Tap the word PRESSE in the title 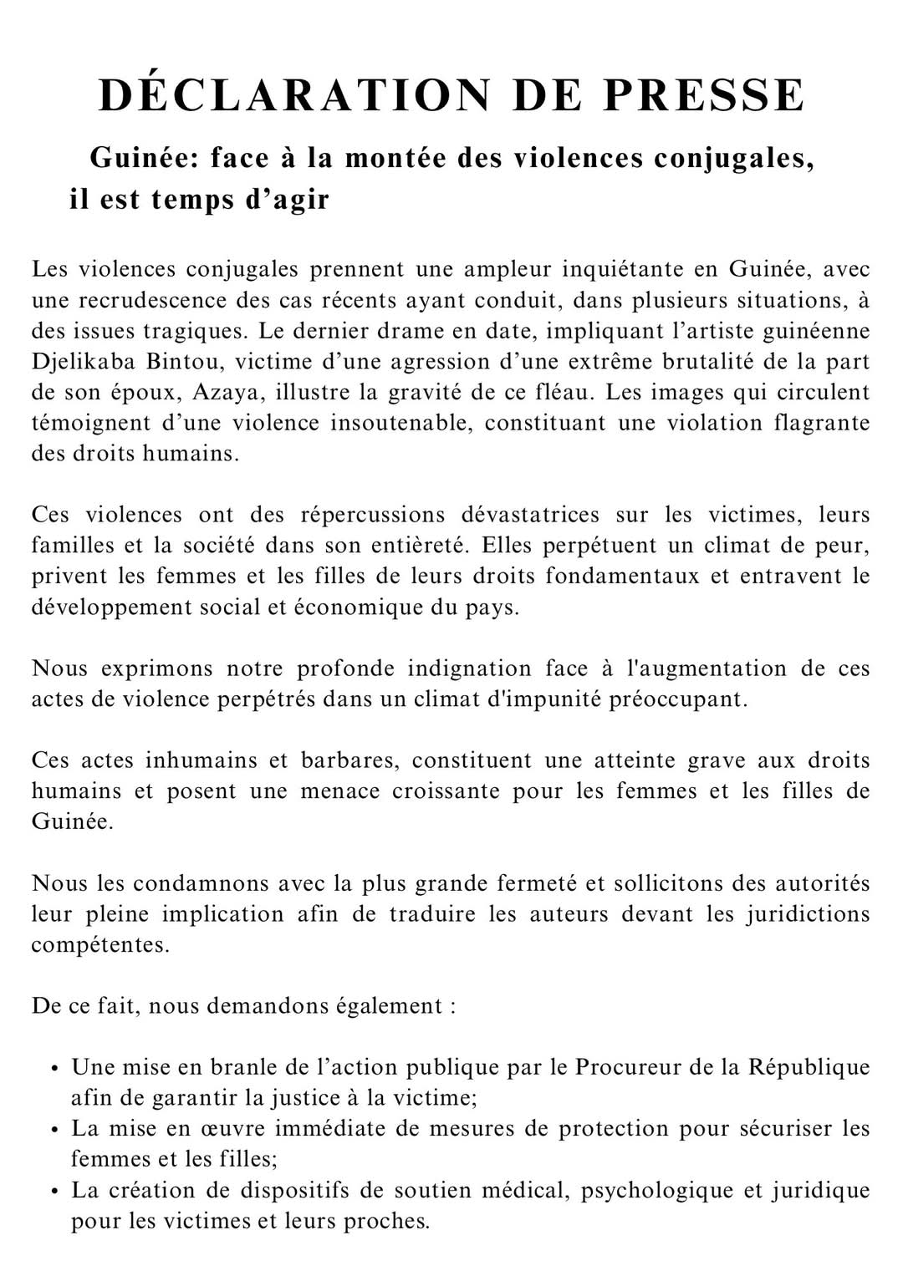704,95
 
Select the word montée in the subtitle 397,158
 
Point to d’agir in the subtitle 286,201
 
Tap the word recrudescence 141,301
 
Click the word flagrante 822,424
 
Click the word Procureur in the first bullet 626,1067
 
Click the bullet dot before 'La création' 53,1192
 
